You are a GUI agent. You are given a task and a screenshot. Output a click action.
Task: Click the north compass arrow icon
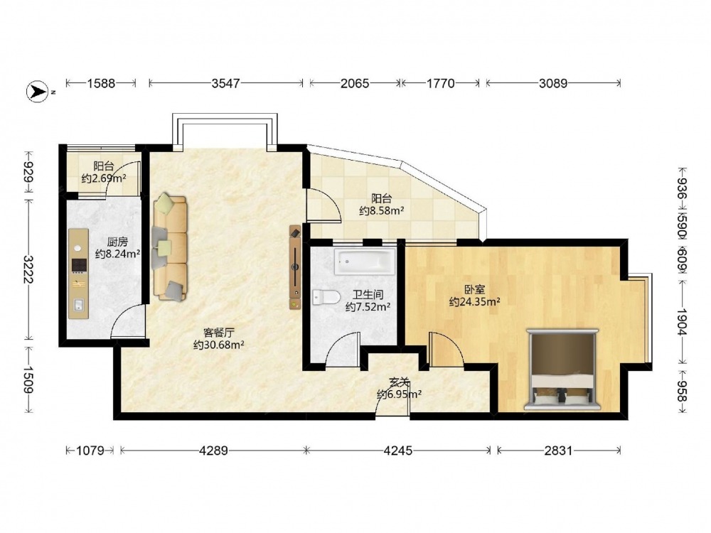pyautogui.click(x=38, y=92)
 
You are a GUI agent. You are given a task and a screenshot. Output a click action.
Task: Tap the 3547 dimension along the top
pyautogui.click(x=226, y=83)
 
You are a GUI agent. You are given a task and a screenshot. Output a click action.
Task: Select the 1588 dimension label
pyautogui.click(x=101, y=83)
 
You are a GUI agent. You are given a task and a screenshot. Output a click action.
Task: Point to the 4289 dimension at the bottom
pyautogui.click(x=213, y=451)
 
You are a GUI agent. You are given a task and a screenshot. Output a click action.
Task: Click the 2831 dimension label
pyautogui.click(x=558, y=451)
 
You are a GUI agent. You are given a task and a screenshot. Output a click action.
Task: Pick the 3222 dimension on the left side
pyautogui.click(x=28, y=269)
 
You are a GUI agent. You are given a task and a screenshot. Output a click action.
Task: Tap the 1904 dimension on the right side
pyautogui.click(x=682, y=322)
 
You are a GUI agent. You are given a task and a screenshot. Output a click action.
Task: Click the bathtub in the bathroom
pyautogui.click(x=365, y=262)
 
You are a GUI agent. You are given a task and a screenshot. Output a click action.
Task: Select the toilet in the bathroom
pyautogui.click(x=326, y=297)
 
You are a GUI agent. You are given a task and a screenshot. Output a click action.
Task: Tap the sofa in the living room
pyautogui.click(x=170, y=247)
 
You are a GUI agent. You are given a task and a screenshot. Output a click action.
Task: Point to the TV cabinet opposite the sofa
pyautogui.click(x=295, y=267)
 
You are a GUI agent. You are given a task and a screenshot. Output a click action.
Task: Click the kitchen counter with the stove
pyautogui.click(x=78, y=274)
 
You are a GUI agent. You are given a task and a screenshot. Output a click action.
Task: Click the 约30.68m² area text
pyautogui.click(x=219, y=345)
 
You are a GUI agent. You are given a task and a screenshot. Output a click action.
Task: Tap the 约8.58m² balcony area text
pyautogui.click(x=382, y=210)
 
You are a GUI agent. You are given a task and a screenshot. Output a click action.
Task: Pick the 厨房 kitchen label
pyautogui.click(x=117, y=242)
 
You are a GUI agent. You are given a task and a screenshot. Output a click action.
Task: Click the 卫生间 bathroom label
pyautogui.click(x=368, y=295)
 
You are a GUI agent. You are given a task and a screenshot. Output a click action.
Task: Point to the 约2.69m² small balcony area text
pyautogui.click(x=104, y=178)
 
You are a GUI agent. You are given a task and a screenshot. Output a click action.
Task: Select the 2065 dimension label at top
pyautogui.click(x=355, y=83)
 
